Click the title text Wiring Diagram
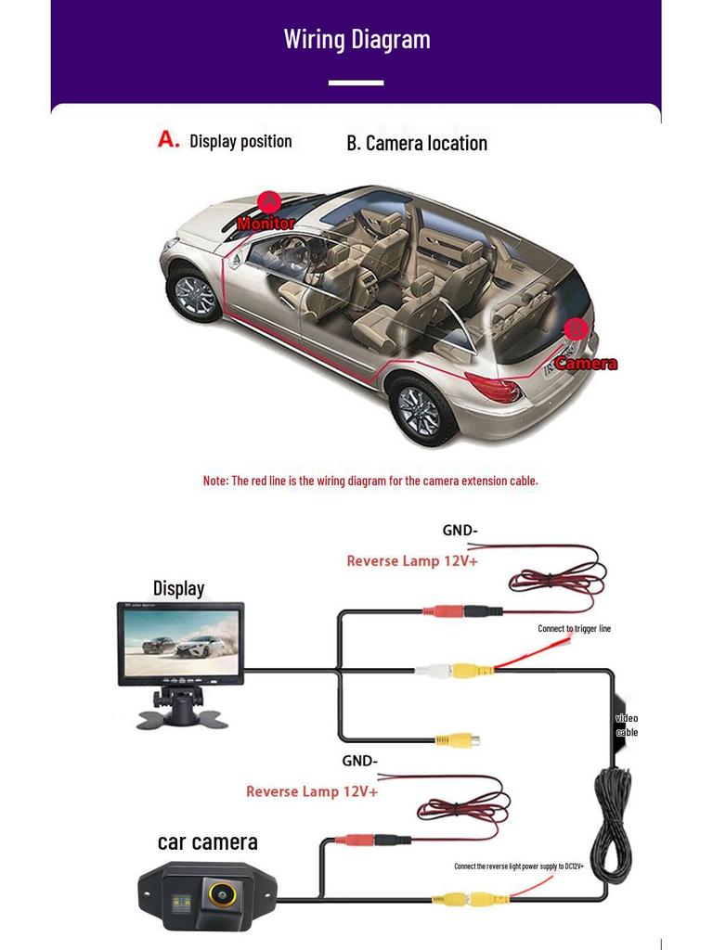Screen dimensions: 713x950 point(357,40)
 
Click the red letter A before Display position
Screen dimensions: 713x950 point(169,139)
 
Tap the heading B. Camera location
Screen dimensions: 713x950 point(417,144)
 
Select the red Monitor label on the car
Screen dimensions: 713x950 point(266,223)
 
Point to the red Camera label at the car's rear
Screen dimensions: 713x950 point(587,364)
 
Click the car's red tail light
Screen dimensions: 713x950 point(494,387)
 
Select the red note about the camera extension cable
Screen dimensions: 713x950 point(370,481)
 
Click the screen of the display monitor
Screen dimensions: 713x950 point(181,642)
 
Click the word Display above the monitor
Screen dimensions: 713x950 point(178,588)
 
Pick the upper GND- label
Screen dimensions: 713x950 point(460,531)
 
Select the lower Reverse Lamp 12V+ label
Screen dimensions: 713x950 point(312,792)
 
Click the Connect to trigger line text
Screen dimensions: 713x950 point(574,629)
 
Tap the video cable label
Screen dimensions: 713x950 point(627,725)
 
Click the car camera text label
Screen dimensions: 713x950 point(207,842)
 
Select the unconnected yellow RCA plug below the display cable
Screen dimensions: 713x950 point(458,739)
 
